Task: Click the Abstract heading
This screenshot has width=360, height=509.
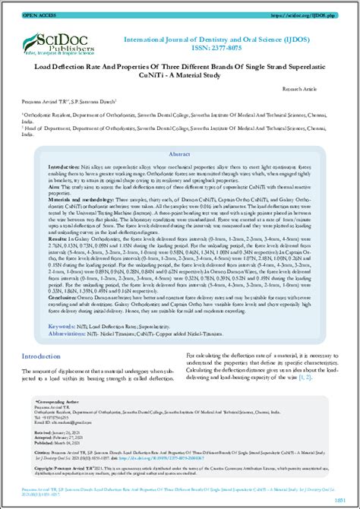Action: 179,153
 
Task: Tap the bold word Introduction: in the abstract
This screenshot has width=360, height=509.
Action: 65,166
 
